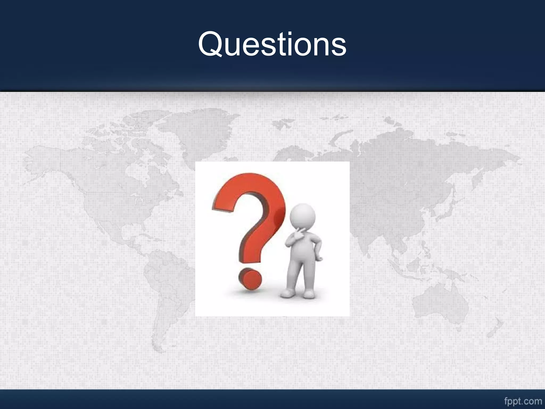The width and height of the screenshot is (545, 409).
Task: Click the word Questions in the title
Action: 272,44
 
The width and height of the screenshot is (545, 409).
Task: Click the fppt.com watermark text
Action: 523,401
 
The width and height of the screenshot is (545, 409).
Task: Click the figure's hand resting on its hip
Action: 319,257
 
